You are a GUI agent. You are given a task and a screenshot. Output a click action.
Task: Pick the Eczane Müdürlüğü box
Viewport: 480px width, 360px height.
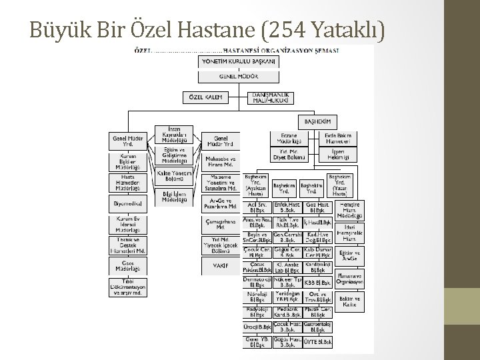pyautogui.click(x=289, y=139)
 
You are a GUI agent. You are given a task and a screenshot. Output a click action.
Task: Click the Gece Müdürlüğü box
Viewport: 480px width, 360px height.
pyautogui.click(x=128, y=266)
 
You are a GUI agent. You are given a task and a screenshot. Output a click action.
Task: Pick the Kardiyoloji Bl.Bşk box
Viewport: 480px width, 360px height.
pyautogui.click(x=317, y=267)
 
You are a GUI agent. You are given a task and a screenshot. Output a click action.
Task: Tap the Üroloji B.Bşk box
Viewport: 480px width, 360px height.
pyautogui.click(x=257, y=327)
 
